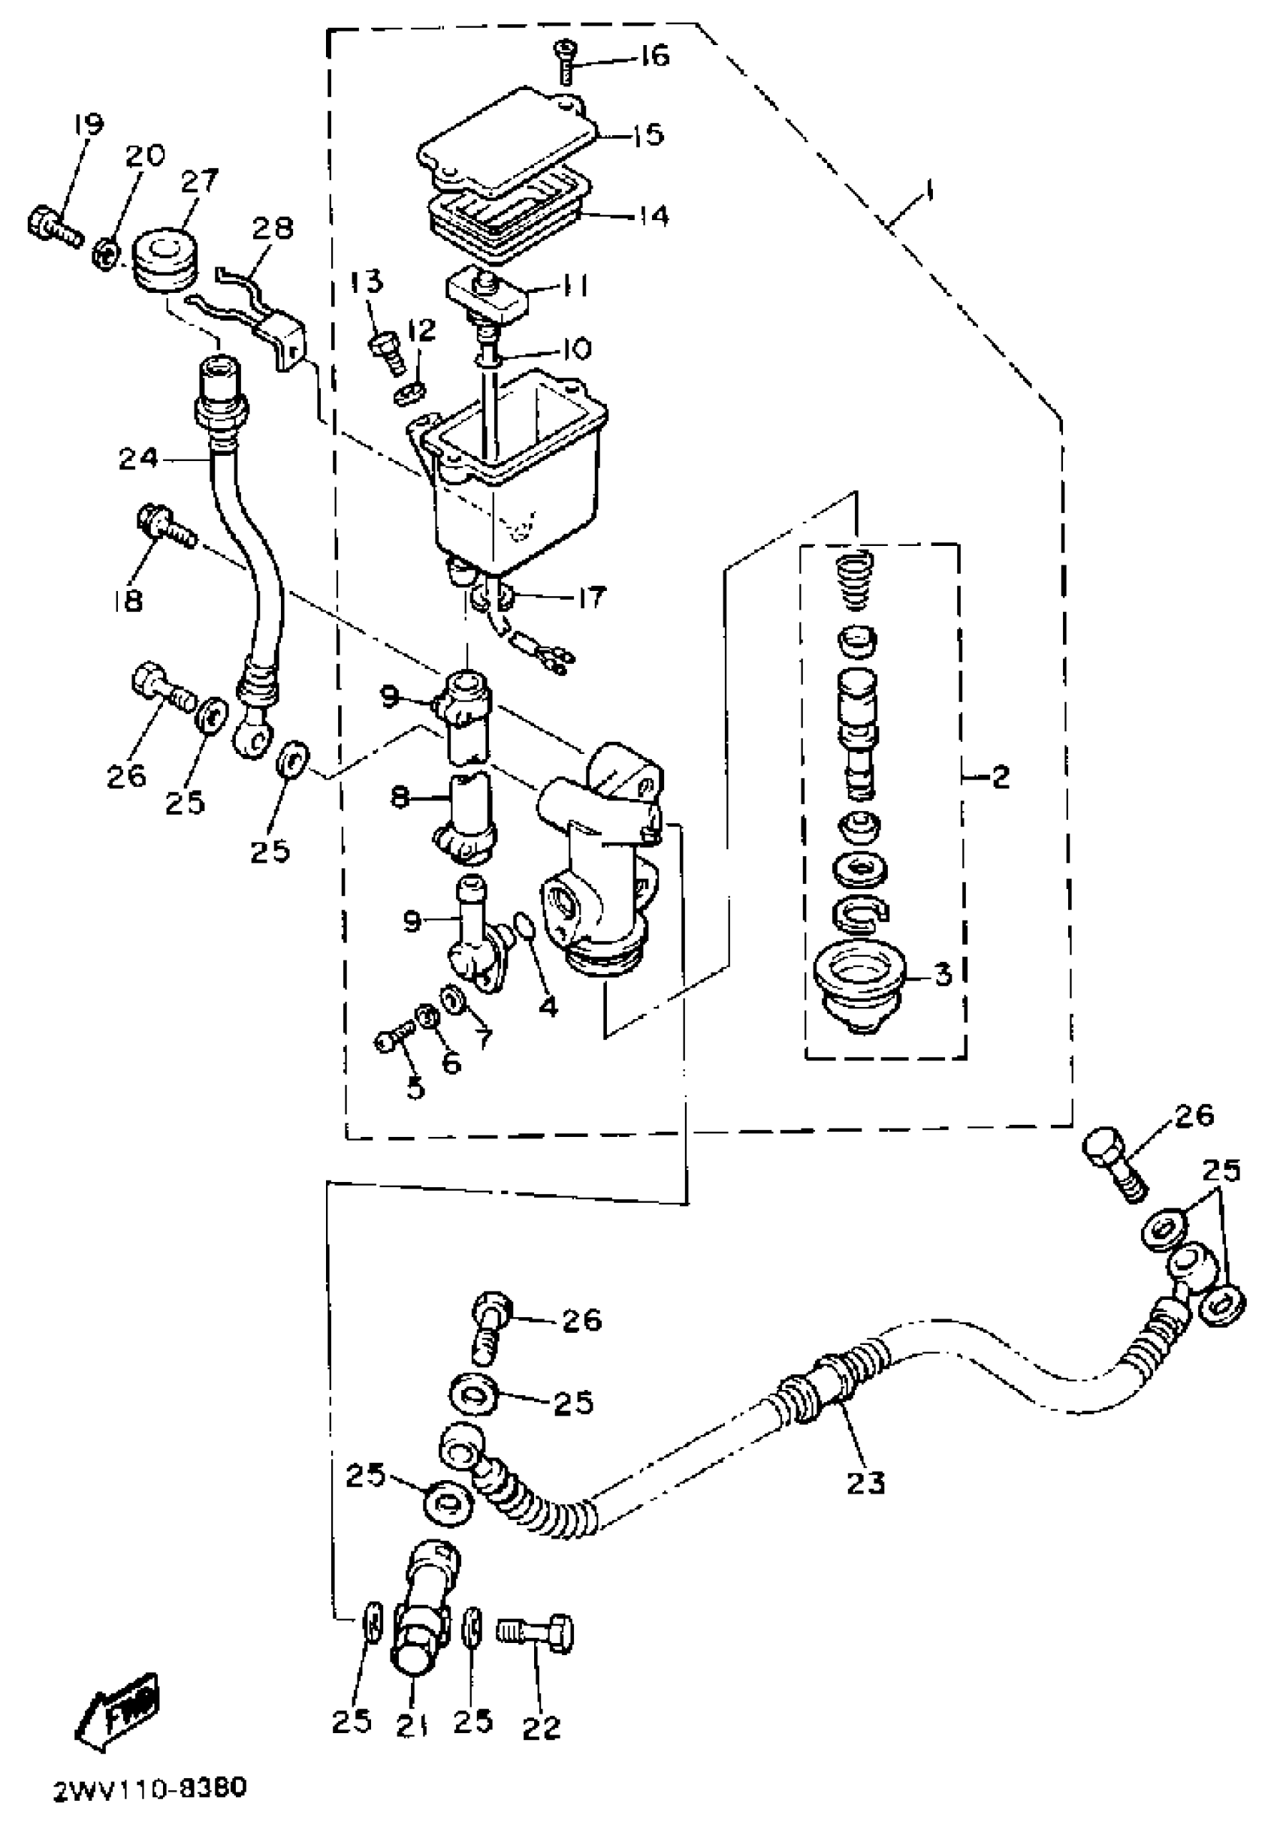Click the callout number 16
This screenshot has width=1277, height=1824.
(655, 56)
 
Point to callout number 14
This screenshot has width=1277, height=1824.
(654, 216)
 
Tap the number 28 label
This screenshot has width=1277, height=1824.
(273, 230)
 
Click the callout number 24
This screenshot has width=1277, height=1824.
(138, 459)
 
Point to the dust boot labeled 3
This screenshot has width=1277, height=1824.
(856, 985)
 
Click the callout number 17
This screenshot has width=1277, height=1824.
(592, 597)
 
